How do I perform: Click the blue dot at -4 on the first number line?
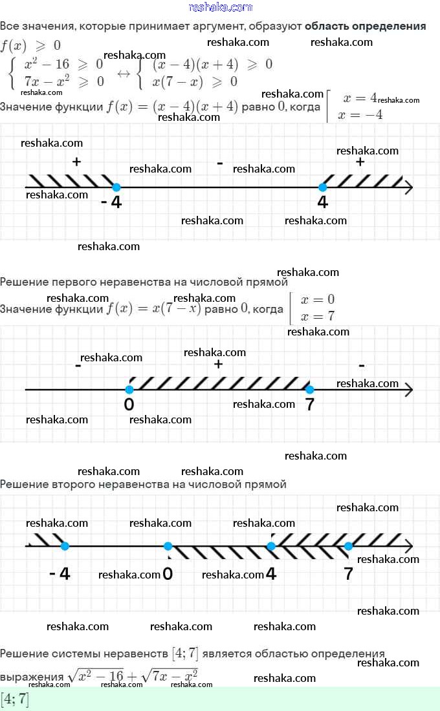pyautogui.click(x=116, y=187)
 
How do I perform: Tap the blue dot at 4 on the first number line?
pyautogui.click(x=323, y=187)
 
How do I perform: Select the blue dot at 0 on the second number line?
pyautogui.click(x=129, y=390)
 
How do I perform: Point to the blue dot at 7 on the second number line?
pyautogui.click(x=310, y=390)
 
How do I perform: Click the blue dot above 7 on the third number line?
pyautogui.click(x=349, y=546)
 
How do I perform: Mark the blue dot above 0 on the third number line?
pyautogui.click(x=168, y=546)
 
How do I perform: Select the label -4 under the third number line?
pyautogui.click(x=60, y=573)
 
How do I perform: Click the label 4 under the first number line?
pyautogui.click(x=323, y=203)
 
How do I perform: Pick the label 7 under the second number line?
pyautogui.click(x=310, y=405)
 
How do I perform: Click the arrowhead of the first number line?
pyautogui.click(x=408, y=187)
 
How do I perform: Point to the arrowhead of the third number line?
pyautogui.click(x=408, y=546)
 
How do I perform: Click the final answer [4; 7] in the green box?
pyautogui.click(x=15, y=699)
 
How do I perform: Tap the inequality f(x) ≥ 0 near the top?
pyautogui.click(x=31, y=46)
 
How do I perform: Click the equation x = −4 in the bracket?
pyautogui.click(x=363, y=115)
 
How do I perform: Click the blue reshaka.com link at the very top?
pyautogui.click(x=220, y=7)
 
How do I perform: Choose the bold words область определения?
pyautogui.click(x=365, y=27)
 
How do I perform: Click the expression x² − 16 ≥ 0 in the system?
pyautogui.click(x=63, y=65)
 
